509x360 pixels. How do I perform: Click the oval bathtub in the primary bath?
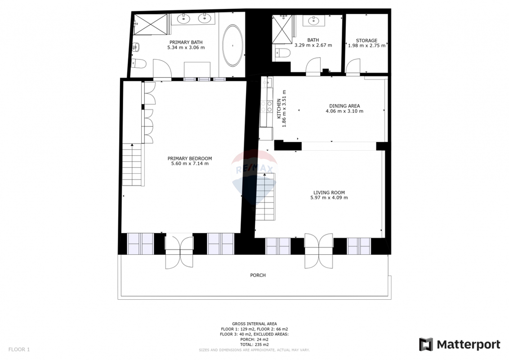point(233,46)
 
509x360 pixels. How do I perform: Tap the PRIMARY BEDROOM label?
point(190,158)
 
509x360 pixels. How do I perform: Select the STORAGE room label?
point(366,40)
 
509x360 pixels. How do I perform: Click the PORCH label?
point(258,275)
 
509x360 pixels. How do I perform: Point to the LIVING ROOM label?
point(329,192)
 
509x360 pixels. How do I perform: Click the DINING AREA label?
point(344,106)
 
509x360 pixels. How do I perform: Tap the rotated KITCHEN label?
point(279,108)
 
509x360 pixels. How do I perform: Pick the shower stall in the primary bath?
point(151,24)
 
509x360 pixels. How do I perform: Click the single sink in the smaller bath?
point(313,21)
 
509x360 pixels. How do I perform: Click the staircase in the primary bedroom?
point(133,165)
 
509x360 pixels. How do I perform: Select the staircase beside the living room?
point(266,197)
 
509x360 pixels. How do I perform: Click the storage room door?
point(353,67)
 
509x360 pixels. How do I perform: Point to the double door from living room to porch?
point(319,251)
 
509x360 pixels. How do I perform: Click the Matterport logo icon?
point(426,344)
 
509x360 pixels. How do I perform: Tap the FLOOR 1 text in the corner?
point(19,350)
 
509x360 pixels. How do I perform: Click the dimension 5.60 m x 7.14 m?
point(190,163)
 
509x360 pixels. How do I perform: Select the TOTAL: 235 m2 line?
point(254,344)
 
